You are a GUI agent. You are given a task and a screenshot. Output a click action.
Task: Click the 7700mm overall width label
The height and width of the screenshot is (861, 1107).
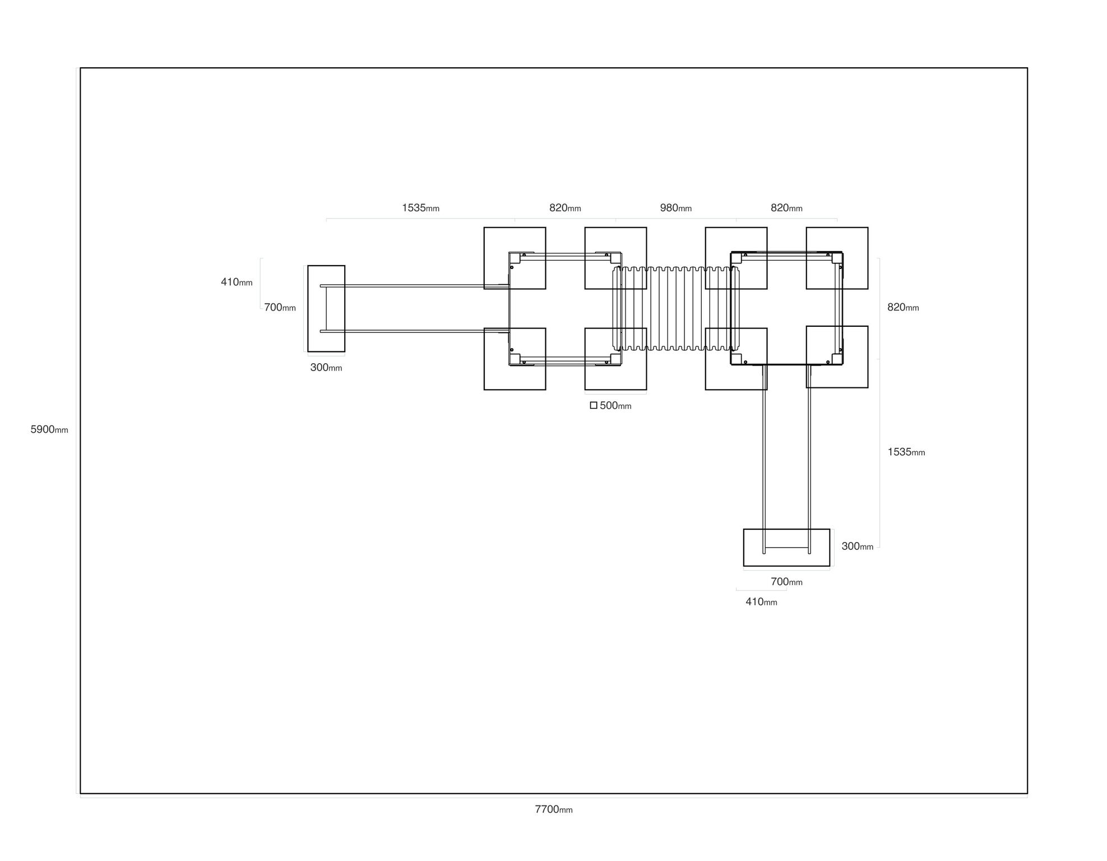[x=554, y=809]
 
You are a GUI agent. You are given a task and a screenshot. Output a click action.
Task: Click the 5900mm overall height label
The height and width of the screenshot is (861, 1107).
[x=49, y=429]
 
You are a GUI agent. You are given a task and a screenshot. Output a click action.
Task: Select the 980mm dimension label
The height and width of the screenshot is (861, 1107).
[x=676, y=208]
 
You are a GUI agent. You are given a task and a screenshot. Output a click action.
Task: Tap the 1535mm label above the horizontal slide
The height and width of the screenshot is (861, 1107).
[x=420, y=208]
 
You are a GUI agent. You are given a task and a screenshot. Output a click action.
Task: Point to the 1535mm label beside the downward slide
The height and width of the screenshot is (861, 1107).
[x=906, y=452]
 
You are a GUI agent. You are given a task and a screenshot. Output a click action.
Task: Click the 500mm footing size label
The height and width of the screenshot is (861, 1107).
[x=615, y=405]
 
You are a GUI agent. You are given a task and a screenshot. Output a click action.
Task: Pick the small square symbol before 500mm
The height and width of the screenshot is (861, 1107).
[x=594, y=405]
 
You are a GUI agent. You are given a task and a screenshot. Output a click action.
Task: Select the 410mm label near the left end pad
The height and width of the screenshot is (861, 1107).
[x=237, y=282]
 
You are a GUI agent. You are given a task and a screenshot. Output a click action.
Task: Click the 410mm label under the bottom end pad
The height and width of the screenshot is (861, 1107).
[x=761, y=601]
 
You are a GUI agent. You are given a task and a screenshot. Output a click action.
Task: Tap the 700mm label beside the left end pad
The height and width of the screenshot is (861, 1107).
[x=280, y=307]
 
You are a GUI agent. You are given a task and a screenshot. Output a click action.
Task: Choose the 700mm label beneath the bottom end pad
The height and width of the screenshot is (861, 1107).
[x=786, y=582]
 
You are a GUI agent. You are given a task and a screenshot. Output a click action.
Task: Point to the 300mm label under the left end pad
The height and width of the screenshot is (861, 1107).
[x=326, y=368]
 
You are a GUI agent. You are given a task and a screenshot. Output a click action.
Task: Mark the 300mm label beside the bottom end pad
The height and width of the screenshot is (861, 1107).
[x=858, y=546]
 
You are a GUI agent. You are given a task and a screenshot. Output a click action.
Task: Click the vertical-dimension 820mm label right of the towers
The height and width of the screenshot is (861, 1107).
[x=903, y=307]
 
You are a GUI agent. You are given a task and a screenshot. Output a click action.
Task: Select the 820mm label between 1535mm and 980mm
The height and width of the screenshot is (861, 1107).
[x=565, y=208]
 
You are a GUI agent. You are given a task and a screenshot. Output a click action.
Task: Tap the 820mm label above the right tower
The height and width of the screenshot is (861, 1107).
[x=786, y=208]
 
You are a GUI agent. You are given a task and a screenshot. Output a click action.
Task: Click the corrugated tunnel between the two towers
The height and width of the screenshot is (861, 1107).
[x=676, y=309]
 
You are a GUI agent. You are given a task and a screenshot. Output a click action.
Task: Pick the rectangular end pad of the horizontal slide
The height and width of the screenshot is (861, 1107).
[x=326, y=309]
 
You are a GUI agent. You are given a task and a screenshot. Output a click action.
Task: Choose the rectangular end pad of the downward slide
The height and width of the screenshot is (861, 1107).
[x=786, y=548]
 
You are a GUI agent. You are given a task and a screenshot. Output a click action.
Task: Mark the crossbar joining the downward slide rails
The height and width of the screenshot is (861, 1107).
[x=786, y=548]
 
